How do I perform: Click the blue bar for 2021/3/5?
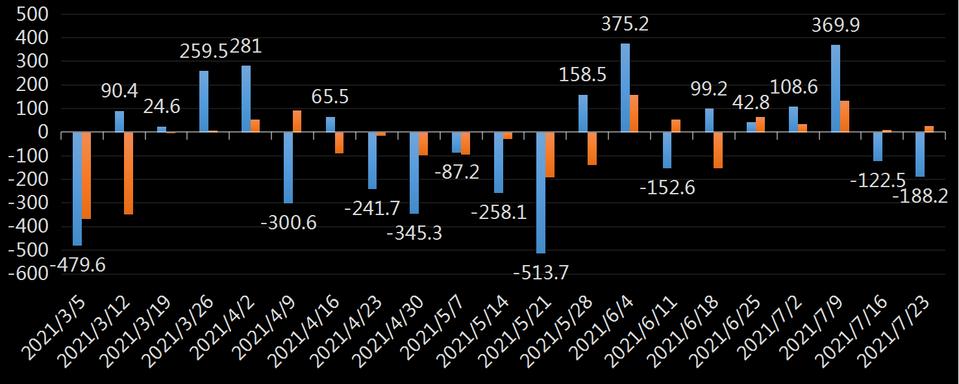pos(77,188)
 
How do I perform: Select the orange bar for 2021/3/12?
pos(129,173)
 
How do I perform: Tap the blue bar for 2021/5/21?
pos(541,192)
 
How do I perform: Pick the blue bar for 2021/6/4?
pos(625,88)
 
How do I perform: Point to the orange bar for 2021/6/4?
pos(634,114)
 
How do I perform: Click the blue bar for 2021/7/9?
pos(836,88)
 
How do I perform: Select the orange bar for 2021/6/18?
pos(718,150)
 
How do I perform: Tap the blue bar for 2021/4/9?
pos(288,168)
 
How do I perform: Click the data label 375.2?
pos(625,25)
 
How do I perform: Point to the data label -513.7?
pos(541,273)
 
